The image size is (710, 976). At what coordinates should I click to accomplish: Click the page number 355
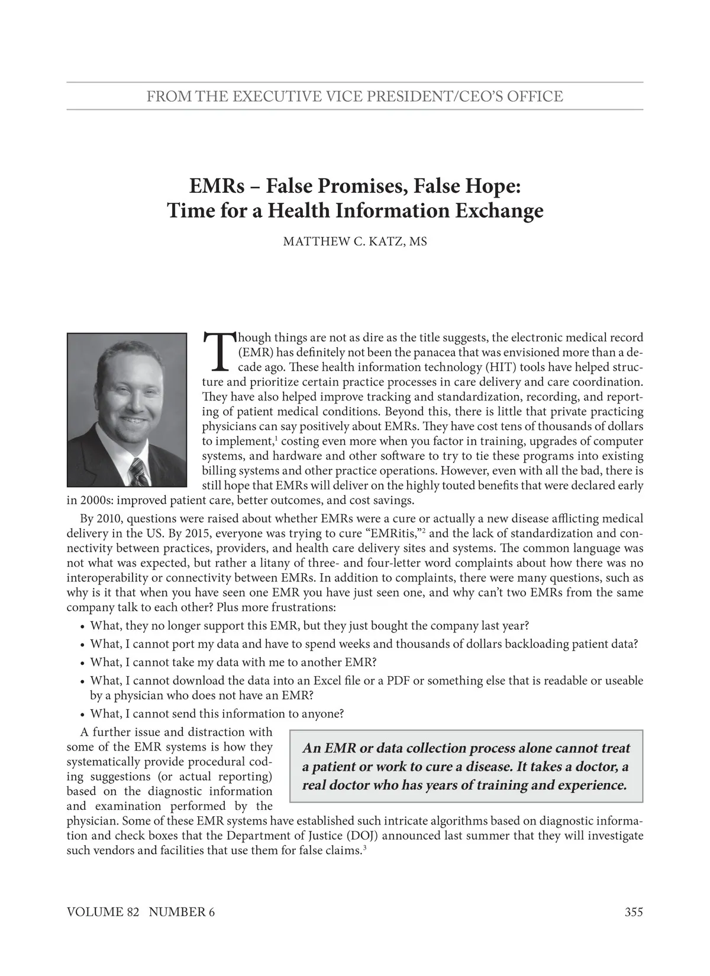(x=633, y=912)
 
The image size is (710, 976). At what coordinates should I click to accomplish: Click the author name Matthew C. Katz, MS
(x=355, y=242)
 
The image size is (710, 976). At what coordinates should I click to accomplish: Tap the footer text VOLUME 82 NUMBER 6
(x=141, y=912)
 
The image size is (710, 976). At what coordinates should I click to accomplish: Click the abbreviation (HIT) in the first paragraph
(x=470, y=367)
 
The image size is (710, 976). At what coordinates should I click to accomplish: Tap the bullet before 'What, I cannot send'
(x=82, y=714)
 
